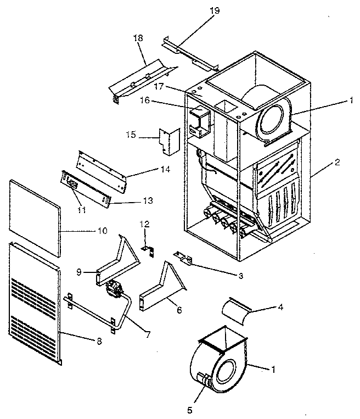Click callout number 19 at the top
pos(213,10)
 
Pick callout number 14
pos(165,170)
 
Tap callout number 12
pos(145,224)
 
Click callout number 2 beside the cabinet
pos(337,163)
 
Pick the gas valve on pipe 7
pos(114,288)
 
